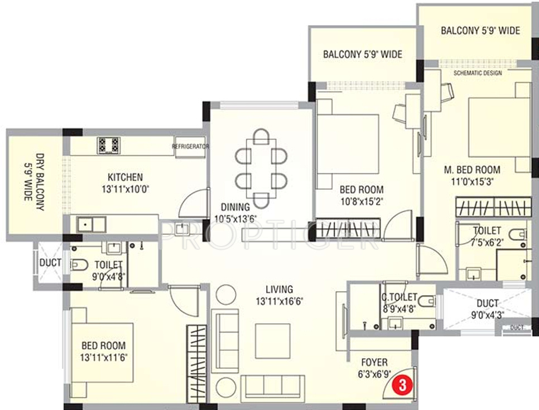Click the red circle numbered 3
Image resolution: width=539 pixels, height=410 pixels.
click(402, 385)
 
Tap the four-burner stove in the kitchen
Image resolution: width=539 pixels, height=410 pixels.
click(108, 146)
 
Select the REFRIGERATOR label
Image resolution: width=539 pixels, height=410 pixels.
click(190, 146)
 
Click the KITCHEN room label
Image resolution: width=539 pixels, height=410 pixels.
click(125, 177)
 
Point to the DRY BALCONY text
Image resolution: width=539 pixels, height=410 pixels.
click(41, 182)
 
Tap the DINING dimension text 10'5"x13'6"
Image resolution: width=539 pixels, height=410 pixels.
click(236, 219)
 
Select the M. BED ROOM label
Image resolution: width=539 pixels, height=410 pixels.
click(472, 170)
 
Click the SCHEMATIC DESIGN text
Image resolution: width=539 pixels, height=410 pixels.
click(478, 73)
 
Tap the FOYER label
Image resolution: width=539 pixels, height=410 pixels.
click(374, 362)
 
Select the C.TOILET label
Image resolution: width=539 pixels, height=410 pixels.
click(399, 297)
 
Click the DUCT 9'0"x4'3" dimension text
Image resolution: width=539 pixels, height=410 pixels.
click(488, 315)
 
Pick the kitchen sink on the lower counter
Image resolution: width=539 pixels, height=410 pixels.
click(91, 225)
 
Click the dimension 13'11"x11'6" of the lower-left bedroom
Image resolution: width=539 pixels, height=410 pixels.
click(104, 358)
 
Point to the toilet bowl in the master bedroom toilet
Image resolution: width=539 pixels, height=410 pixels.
click(518, 235)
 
